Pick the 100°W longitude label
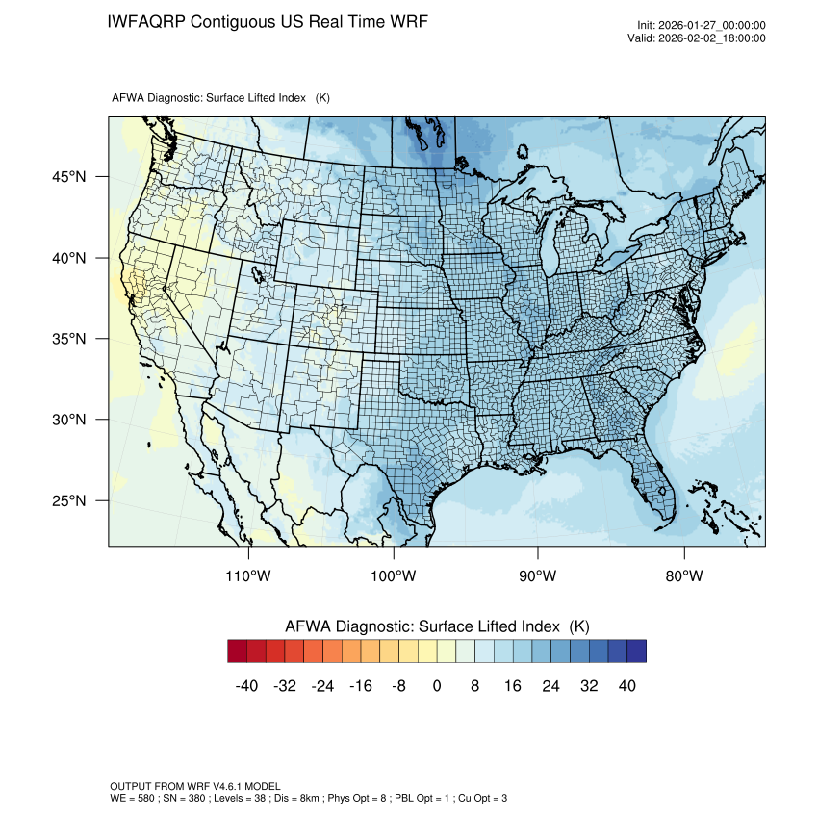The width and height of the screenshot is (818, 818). point(394,576)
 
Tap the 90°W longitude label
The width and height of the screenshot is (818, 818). point(538,576)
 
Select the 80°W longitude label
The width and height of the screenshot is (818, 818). point(684,576)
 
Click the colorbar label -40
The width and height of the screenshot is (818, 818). point(247,686)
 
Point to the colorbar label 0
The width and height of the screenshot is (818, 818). point(437,686)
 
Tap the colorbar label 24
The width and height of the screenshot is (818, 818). point(550,686)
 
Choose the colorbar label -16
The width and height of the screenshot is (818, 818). point(361,686)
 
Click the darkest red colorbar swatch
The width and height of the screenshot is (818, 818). point(238,652)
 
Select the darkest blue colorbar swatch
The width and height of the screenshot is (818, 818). point(636,652)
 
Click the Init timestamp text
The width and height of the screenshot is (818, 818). point(701,26)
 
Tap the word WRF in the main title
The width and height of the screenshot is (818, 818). point(405,22)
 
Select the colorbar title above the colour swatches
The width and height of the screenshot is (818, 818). point(437,626)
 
